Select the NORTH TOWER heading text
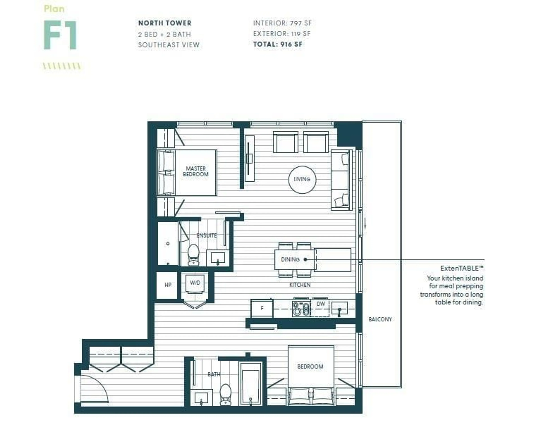(165, 23)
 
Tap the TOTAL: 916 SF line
(278, 44)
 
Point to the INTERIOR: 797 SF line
(282, 23)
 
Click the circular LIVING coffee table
(302, 180)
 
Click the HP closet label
(168, 285)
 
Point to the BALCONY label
(380, 319)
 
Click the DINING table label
(290, 259)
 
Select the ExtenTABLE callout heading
(462, 268)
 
